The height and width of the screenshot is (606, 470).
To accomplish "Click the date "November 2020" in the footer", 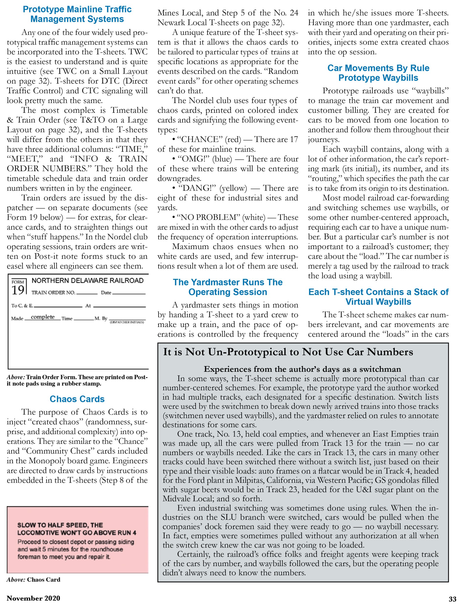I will coord(33,598).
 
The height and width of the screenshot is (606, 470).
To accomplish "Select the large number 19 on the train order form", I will coord(18,290).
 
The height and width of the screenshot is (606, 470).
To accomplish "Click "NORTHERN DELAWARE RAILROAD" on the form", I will coord(87,281).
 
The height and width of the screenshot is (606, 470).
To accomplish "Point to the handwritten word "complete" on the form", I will coord(43,317).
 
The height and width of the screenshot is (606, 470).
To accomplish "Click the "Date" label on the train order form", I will coord(106,292).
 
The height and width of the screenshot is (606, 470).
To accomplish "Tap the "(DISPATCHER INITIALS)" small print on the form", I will coord(127,322).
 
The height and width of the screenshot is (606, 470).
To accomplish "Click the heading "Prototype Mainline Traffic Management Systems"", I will coord(77,14).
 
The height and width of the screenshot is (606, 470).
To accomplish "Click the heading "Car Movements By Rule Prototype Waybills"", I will coord(378,73).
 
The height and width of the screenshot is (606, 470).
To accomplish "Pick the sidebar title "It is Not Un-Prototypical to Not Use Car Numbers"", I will coord(288,352).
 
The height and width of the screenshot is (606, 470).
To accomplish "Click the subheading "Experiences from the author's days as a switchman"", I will coord(302,369).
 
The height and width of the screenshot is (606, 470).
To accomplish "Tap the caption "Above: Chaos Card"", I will coord(33,579).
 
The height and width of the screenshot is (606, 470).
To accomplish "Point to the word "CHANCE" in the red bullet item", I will coord(197,139).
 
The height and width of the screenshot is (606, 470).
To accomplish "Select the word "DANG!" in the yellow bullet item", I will coord(197,188).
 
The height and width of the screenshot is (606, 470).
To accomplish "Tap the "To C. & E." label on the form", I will coord(22,306).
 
